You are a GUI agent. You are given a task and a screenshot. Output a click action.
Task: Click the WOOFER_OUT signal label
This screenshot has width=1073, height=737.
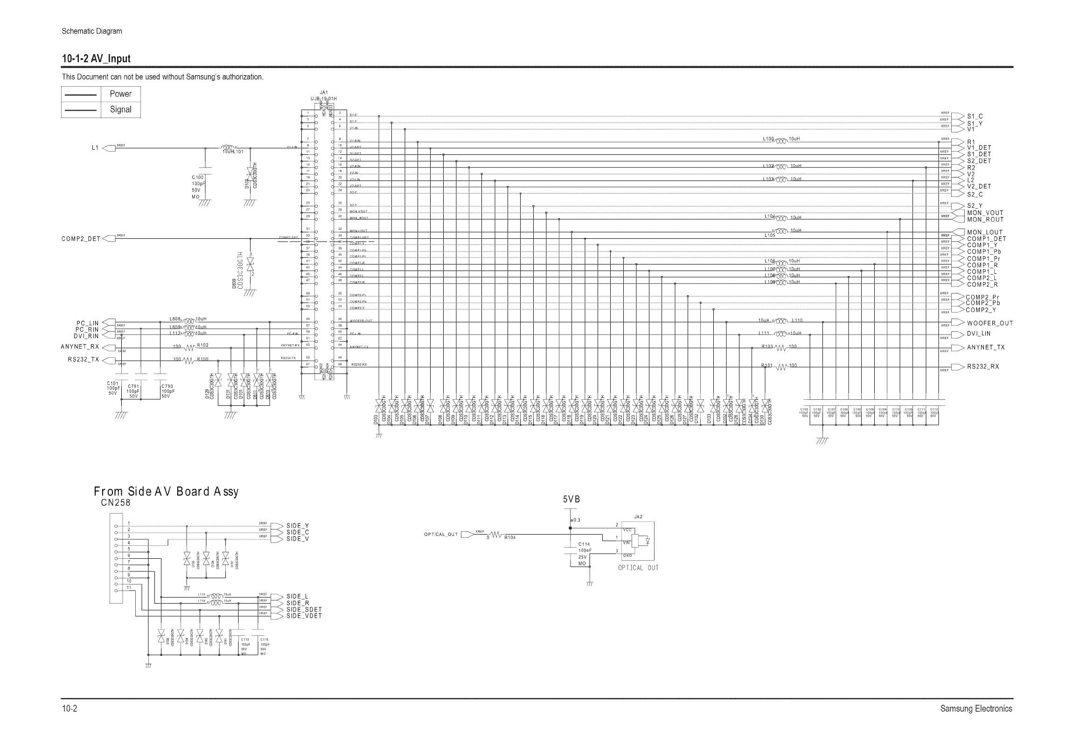pos(989,323)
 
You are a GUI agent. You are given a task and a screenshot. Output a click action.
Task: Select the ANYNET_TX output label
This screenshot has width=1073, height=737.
pos(986,348)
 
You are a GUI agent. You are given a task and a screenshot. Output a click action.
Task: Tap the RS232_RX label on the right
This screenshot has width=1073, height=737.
pos(983,367)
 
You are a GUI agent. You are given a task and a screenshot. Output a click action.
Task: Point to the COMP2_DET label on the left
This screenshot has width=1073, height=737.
pos(81,239)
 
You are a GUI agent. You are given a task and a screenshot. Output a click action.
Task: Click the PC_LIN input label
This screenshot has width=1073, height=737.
pos(88,323)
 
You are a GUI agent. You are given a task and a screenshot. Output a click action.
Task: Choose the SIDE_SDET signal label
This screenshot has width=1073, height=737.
pos(304,610)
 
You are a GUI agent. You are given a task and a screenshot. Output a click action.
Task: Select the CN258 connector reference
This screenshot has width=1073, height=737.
pos(116,503)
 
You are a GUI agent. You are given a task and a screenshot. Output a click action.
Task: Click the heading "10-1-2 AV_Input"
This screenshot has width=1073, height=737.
pos(96,59)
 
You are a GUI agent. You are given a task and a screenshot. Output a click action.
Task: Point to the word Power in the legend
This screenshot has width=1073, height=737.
pos(120,94)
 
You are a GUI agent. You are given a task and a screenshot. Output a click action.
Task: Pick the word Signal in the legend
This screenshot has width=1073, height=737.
pos(120,110)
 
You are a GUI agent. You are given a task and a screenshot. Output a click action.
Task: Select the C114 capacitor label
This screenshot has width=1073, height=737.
pos(584,544)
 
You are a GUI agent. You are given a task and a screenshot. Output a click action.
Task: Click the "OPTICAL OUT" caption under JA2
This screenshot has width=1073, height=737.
pos(638,568)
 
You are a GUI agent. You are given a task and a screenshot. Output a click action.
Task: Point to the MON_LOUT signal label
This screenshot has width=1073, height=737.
pos(985,232)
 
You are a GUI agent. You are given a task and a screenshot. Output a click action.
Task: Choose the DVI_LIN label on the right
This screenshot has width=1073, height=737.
pos(979,334)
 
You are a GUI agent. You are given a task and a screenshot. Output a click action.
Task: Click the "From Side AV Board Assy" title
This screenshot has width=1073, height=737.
pos(166,492)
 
